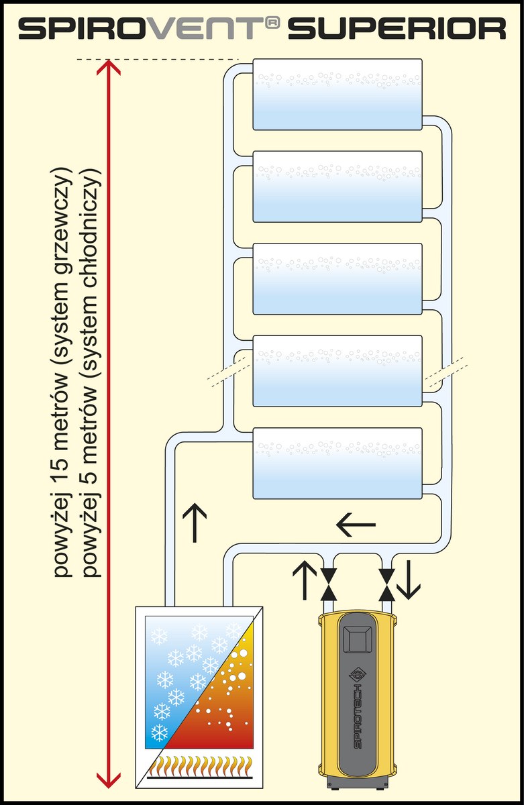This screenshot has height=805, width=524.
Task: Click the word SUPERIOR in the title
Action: click(397, 29)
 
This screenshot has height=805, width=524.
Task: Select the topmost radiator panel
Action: click(337, 94)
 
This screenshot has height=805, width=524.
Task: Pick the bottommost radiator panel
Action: click(337, 464)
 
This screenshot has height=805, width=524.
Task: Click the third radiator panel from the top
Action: click(337, 279)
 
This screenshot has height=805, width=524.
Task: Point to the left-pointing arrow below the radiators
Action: click(356, 525)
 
